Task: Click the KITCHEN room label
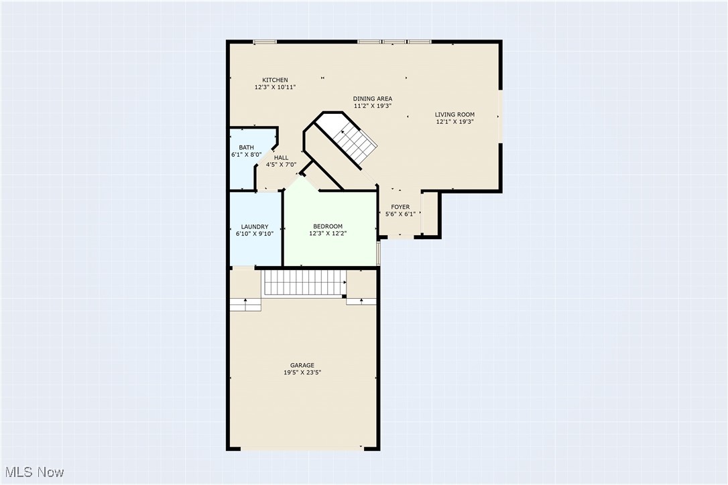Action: (275, 80)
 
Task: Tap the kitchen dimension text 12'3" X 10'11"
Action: (275, 88)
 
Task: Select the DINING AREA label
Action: (373, 99)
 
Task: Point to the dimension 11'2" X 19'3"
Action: (373, 107)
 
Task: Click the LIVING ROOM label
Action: (454, 115)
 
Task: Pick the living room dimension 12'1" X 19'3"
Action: (454, 122)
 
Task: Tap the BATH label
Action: (246, 147)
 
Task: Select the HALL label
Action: (281, 158)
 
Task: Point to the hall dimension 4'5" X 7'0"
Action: (281, 165)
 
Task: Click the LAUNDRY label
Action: (255, 227)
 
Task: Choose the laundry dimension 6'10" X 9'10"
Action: (255, 234)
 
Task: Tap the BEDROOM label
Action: (328, 227)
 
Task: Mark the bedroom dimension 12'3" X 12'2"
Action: (328, 234)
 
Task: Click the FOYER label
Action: (400, 207)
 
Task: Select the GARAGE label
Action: (302, 365)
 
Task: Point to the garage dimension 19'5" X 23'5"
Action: (302, 372)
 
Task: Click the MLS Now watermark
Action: (33, 472)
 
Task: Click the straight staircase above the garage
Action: (304, 283)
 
